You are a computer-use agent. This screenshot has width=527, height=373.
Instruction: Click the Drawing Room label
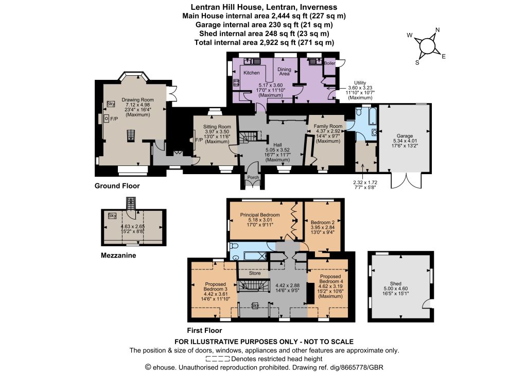tap(137, 99)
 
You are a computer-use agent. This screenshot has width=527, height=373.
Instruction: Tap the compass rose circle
tap(427, 46)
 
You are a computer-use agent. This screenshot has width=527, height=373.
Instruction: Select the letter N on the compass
tap(437, 29)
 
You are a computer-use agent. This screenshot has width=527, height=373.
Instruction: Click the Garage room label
tap(405, 136)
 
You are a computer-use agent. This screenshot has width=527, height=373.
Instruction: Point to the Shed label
tap(396, 283)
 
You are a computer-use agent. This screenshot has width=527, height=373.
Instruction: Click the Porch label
tap(253, 177)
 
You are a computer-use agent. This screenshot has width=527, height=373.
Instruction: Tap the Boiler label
tap(330, 63)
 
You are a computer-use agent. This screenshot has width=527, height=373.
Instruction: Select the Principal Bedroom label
tap(260, 215)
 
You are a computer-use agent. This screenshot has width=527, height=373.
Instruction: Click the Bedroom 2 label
tap(323, 223)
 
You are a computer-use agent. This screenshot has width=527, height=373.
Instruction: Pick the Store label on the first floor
tap(255, 273)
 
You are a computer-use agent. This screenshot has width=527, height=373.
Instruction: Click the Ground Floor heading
tap(117, 185)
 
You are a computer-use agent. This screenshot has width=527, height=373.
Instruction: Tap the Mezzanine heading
tap(118, 256)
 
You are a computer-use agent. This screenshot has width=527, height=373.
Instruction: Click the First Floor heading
tap(204, 330)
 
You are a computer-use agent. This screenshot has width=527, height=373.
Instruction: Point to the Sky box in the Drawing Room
tap(111, 104)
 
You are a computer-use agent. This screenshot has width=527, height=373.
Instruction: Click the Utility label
tap(360, 83)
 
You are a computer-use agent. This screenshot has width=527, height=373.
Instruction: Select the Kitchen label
tap(251, 73)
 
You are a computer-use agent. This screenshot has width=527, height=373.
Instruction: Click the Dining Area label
tap(284, 71)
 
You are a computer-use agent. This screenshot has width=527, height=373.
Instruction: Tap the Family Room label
tap(328, 126)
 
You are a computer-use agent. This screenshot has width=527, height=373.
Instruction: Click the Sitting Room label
tap(217, 127)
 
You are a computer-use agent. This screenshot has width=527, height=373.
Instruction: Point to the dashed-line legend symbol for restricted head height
tap(218, 359)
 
